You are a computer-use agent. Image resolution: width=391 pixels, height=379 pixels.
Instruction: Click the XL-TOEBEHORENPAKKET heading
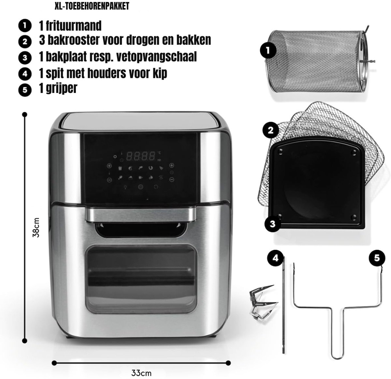click(92, 6)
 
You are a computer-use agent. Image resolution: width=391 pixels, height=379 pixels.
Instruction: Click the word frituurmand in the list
click(74, 26)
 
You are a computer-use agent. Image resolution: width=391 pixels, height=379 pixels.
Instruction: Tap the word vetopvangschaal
click(156, 57)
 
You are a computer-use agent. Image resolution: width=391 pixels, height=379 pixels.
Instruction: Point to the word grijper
click(62, 88)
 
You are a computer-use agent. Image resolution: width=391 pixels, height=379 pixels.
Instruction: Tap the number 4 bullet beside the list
click(25, 74)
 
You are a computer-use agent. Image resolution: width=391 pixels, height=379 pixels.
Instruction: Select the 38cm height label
click(36, 228)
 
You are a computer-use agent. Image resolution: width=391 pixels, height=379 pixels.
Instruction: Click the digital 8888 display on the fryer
click(141, 156)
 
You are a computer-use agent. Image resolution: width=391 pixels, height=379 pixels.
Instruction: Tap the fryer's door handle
click(140, 215)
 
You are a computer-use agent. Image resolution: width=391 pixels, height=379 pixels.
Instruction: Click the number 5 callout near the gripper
click(377, 258)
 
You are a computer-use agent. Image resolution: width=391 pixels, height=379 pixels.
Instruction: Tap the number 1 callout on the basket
click(268, 50)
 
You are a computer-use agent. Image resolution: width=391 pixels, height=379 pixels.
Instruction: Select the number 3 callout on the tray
click(272, 224)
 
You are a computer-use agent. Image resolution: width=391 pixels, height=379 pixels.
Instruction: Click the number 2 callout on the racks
click(271, 130)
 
